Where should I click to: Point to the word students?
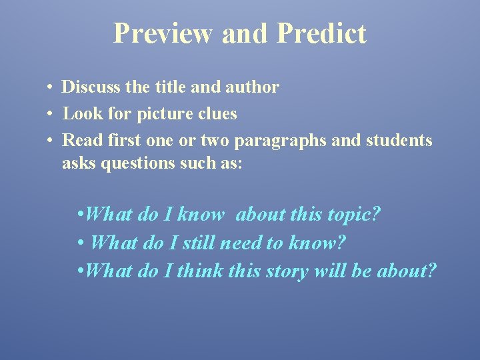pos(399,141)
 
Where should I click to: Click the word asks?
pos(79,163)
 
